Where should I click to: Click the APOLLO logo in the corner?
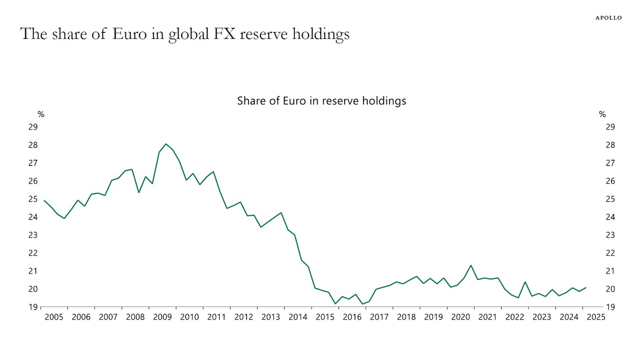point(608,18)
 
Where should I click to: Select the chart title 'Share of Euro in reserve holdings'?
point(321,101)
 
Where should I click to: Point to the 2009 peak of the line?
point(166,144)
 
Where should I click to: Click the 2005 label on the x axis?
point(54,317)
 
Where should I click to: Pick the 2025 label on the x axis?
point(596,317)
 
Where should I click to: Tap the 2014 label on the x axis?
point(298,317)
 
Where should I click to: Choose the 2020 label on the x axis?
point(461,317)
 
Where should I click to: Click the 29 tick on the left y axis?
point(33,127)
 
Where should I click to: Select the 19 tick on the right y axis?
point(610,307)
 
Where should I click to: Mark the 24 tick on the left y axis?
point(33,217)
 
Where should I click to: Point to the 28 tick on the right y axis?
point(610,145)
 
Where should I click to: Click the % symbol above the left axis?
point(41,114)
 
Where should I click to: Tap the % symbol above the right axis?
point(602,114)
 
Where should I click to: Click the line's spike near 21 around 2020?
point(471,265)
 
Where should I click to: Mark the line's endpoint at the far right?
point(586,288)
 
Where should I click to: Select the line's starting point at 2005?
point(44,201)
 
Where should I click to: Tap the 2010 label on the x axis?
point(189,317)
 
